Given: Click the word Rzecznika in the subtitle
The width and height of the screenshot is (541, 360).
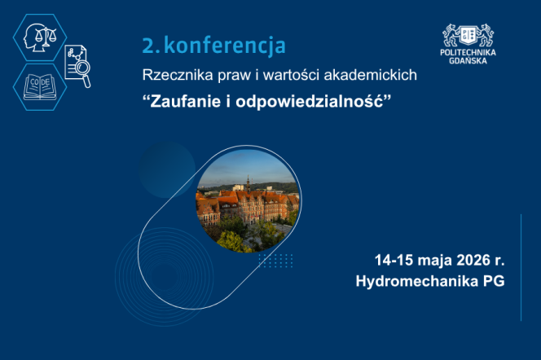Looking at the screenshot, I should coord(171,76).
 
